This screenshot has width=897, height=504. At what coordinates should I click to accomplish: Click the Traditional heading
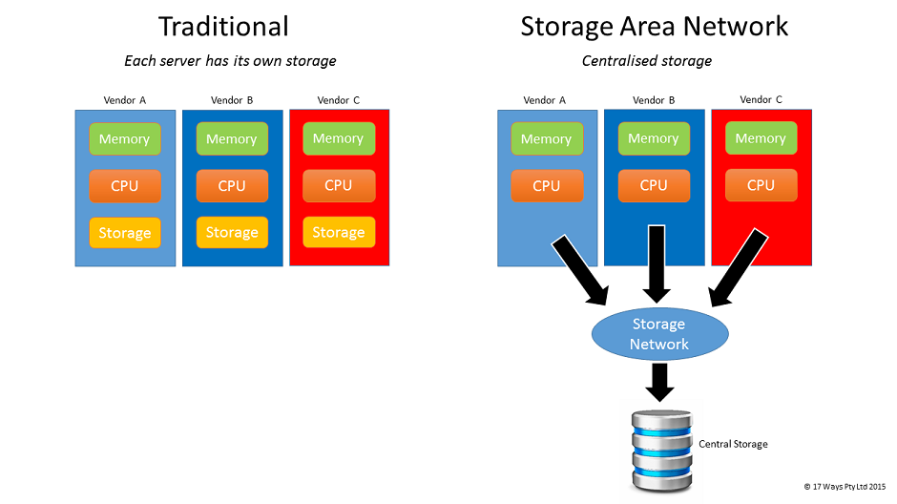(x=223, y=26)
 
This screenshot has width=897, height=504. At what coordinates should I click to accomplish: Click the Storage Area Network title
(x=655, y=26)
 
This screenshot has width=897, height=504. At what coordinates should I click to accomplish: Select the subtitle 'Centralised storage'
(x=647, y=61)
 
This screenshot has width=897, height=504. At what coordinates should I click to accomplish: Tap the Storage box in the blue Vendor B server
(x=232, y=232)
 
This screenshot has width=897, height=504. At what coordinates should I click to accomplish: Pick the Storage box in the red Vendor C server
(x=339, y=232)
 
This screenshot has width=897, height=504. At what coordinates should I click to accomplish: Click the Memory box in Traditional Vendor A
(x=125, y=138)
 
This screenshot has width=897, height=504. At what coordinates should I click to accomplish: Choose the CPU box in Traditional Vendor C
(x=339, y=185)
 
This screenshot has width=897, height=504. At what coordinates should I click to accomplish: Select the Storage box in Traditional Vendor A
(x=125, y=233)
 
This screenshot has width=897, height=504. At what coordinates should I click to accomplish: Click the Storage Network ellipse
(x=658, y=334)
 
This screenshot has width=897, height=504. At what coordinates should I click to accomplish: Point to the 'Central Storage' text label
(x=733, y=444)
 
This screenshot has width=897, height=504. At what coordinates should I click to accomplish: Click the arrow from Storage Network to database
(x=658, y=382)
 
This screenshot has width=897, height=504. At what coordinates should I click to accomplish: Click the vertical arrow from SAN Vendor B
(x=655, y=262)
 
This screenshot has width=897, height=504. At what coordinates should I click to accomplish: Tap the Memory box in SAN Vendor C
(x=761, y=138)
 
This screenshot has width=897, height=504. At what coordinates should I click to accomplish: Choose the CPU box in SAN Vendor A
(x=547, y=185)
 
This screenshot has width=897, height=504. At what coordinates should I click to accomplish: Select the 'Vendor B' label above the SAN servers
(x=654, y=100)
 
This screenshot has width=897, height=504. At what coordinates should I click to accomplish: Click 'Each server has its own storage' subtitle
(x=230, y=61)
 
